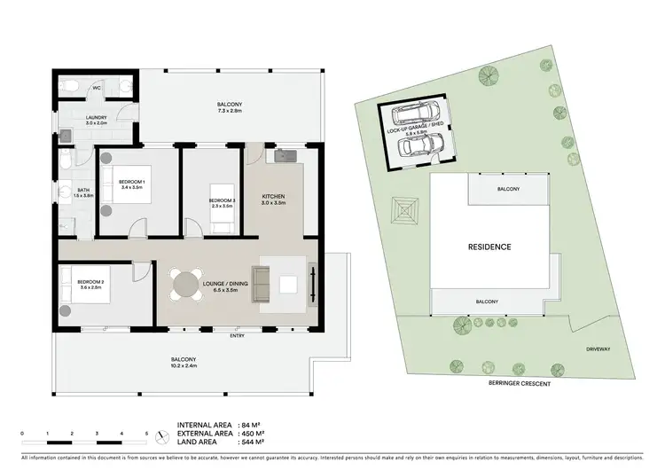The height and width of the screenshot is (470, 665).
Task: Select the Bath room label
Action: (83, 192)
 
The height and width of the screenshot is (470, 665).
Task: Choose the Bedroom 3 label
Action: (222, 203)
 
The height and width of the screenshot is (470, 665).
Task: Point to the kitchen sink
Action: (285, 158)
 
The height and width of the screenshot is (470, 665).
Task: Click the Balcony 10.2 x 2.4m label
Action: (184, 362)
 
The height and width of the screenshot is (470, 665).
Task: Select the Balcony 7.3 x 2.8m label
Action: (230, 108)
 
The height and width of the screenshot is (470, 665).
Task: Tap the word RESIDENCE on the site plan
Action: (489, 247)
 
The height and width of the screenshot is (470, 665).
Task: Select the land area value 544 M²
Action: (255, 441)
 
